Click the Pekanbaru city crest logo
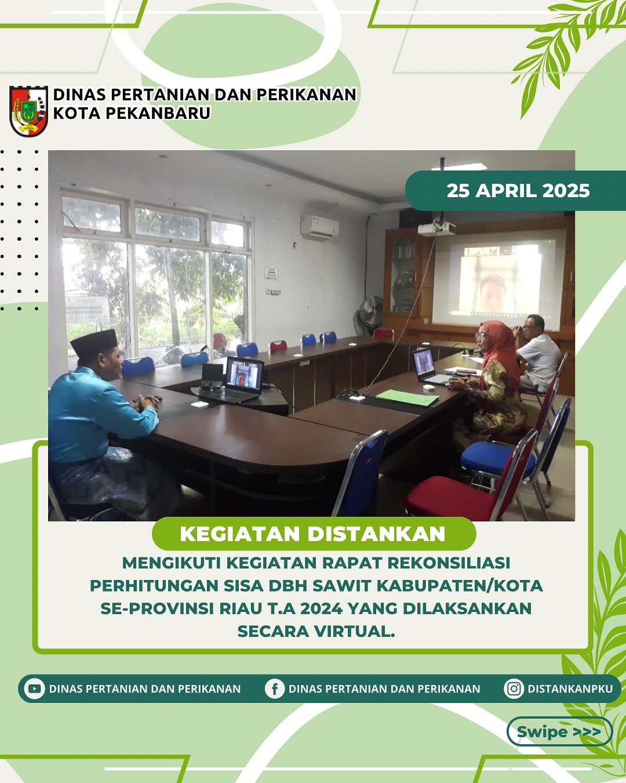click(x=29, y=111)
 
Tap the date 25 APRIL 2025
click(x=518, y=191)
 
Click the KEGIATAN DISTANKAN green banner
click(x=314, y=534)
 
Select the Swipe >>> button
click(x=559, y=732)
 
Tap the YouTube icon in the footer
click(x=35, y=688)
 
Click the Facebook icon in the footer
click(x=275, y=689)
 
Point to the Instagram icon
click(x=514, y=688)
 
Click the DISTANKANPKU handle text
click(x=570, y=689)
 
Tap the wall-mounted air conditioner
click(x=319, y=227)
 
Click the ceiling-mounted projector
click(x=436, y=229)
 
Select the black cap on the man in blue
click(x=94, y=342)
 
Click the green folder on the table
click(x=407, y=397)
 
